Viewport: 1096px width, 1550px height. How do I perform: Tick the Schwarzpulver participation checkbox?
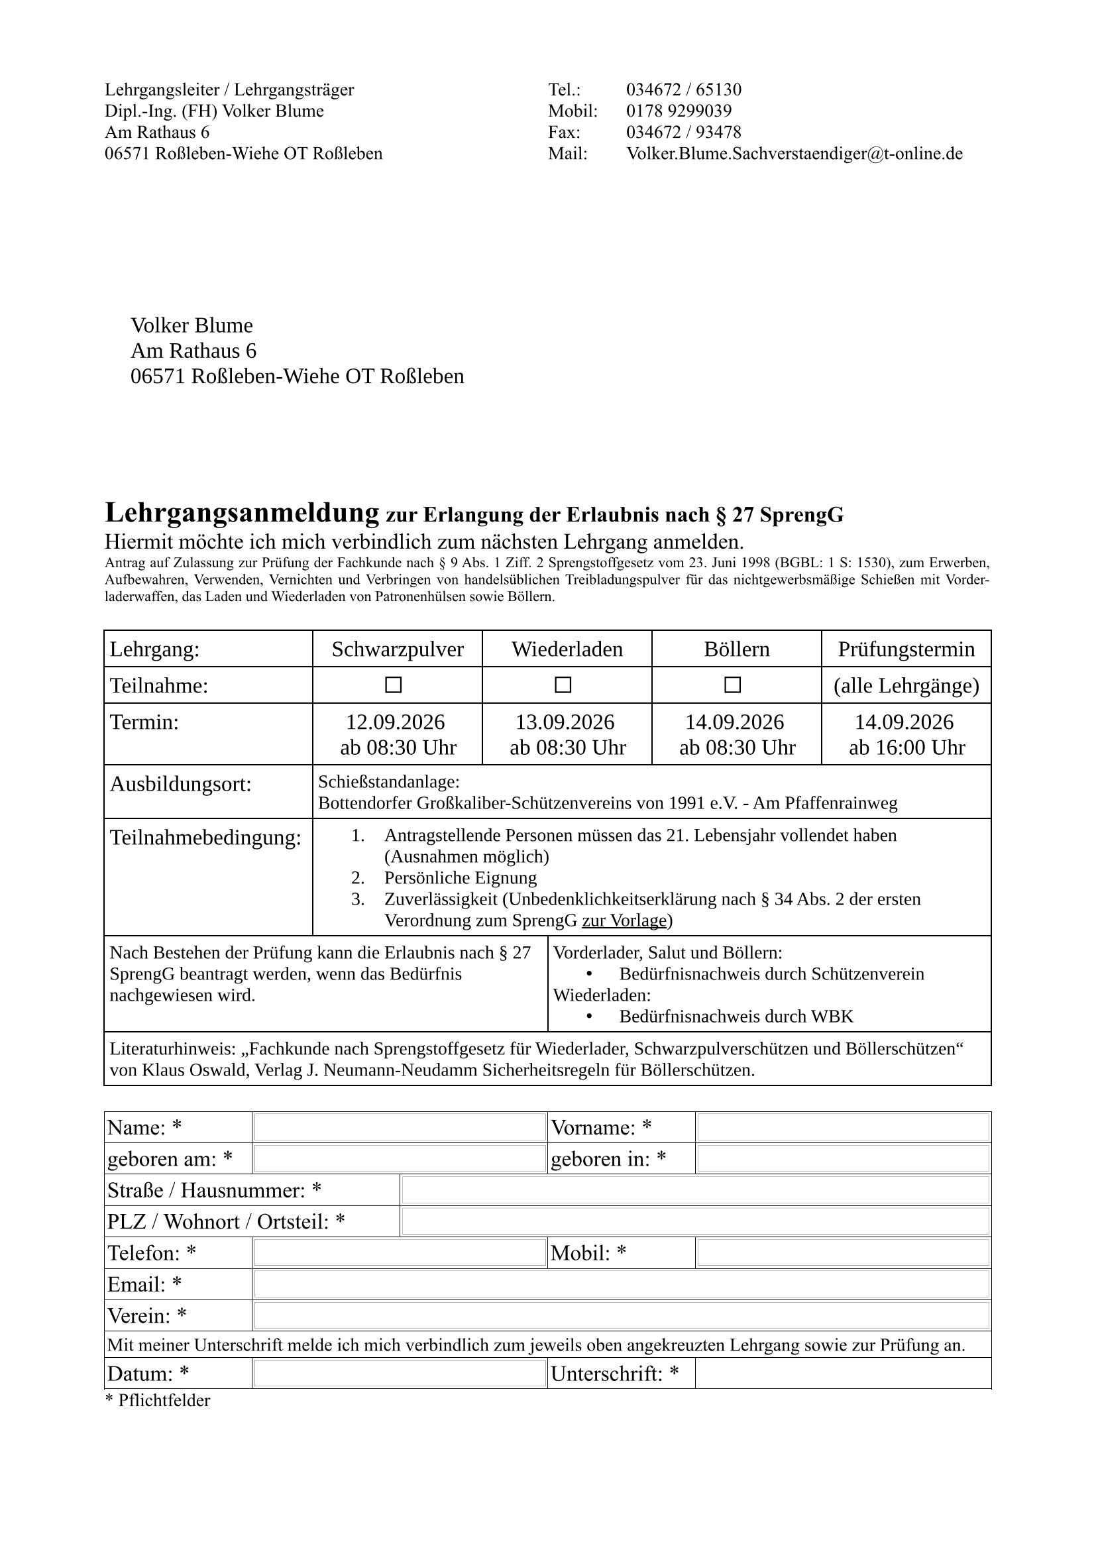click(x=394, y=685)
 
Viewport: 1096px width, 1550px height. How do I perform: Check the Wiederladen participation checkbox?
click(x=563, y=685)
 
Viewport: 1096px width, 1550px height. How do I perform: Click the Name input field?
click(x=400, y=1127)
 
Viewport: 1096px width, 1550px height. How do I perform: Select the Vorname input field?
click(x=843, y=1127)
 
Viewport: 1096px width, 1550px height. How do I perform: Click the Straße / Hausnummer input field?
click(x=696, y=1190)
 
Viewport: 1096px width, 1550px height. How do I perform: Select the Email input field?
click(x=622, y=1284)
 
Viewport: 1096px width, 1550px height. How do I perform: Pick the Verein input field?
click(x=622, y=1316)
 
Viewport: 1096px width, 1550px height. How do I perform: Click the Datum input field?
click(x=400, y=1374)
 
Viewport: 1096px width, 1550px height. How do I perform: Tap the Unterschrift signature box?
click(x=843, y=1374)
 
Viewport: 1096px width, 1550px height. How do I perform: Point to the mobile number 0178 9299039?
click(x=679, y=111)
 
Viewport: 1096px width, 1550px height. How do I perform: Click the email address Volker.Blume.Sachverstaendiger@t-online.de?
click(x=795, y=153)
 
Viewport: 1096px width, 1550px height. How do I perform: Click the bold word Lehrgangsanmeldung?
click(x=242, y=513)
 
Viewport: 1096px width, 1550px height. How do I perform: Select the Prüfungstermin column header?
click(x=906, y=649)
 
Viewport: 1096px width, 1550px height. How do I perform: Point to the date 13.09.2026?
click(x=565, y=722)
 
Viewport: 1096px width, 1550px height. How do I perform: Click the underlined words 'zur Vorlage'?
click(x=624, y=920)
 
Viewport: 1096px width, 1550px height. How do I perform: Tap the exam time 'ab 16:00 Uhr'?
click(x=907, y=747)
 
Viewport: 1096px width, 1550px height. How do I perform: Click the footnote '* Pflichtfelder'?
click(x=158, y=1400)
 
